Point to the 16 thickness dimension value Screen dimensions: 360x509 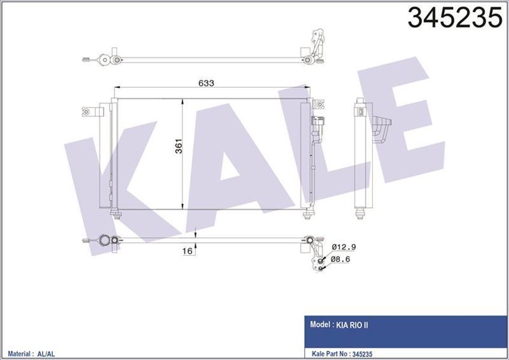[187, 252]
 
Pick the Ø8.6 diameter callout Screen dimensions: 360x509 [342, 260]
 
